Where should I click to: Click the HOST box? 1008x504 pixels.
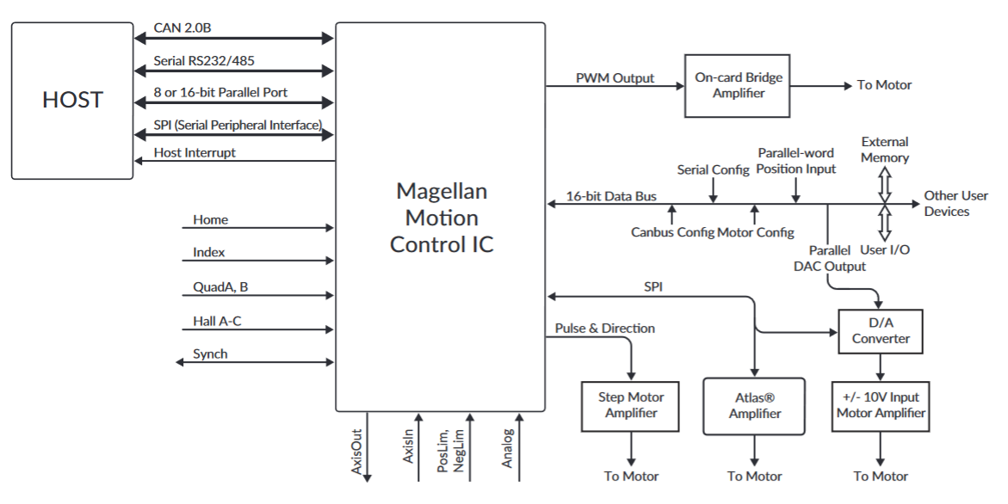click(72, 101)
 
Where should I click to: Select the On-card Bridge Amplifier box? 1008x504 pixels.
click(739, 85)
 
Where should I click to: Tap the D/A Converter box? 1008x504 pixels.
click(880, 332)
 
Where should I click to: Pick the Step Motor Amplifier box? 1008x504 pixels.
click(631, 405)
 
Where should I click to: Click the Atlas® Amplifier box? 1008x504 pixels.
click(754, 406)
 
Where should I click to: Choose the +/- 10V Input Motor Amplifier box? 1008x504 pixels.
click(880, 406)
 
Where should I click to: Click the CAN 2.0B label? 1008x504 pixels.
click(182, 28)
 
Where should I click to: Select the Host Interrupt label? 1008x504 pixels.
click(195, 152)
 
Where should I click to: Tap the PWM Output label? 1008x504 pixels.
click(615, 78)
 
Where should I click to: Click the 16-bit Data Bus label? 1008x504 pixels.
click(611, 196)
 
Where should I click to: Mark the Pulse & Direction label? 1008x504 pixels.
click(604, 328)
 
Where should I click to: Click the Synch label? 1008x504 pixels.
click(210, 353)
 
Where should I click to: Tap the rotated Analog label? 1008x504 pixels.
click(509, 447)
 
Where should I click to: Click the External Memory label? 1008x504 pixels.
click(884, 150)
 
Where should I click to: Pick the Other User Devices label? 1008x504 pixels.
click(955, 203)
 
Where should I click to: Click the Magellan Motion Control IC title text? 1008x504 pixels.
click(442, 217)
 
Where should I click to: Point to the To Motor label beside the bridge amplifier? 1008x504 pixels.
click(884, 85)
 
